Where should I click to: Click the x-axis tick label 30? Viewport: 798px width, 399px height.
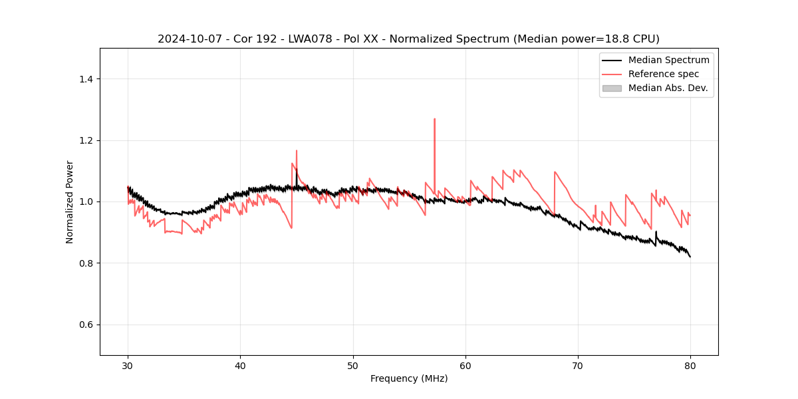[x=128, y=365]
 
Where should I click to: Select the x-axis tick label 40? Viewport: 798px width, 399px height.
[x=240, y=365]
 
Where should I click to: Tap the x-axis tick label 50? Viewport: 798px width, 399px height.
[x=353, y=365]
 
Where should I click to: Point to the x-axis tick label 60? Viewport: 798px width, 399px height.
[x=465, y=365]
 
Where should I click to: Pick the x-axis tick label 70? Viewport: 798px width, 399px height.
[x=578, y=365]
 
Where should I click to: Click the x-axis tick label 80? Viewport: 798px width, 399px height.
[x=690, y=365]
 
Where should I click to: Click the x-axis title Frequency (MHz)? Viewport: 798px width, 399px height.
[x=409, y=378]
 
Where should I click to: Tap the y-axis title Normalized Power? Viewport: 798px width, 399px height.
[x=70, y=201]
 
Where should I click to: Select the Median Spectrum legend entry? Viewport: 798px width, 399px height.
[x=668, y=60]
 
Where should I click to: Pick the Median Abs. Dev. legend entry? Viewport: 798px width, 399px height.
[x=668, y=88]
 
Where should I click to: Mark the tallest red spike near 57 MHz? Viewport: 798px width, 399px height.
[x=434, y=120]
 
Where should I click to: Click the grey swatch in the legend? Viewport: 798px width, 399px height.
[x=612, y=88]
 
